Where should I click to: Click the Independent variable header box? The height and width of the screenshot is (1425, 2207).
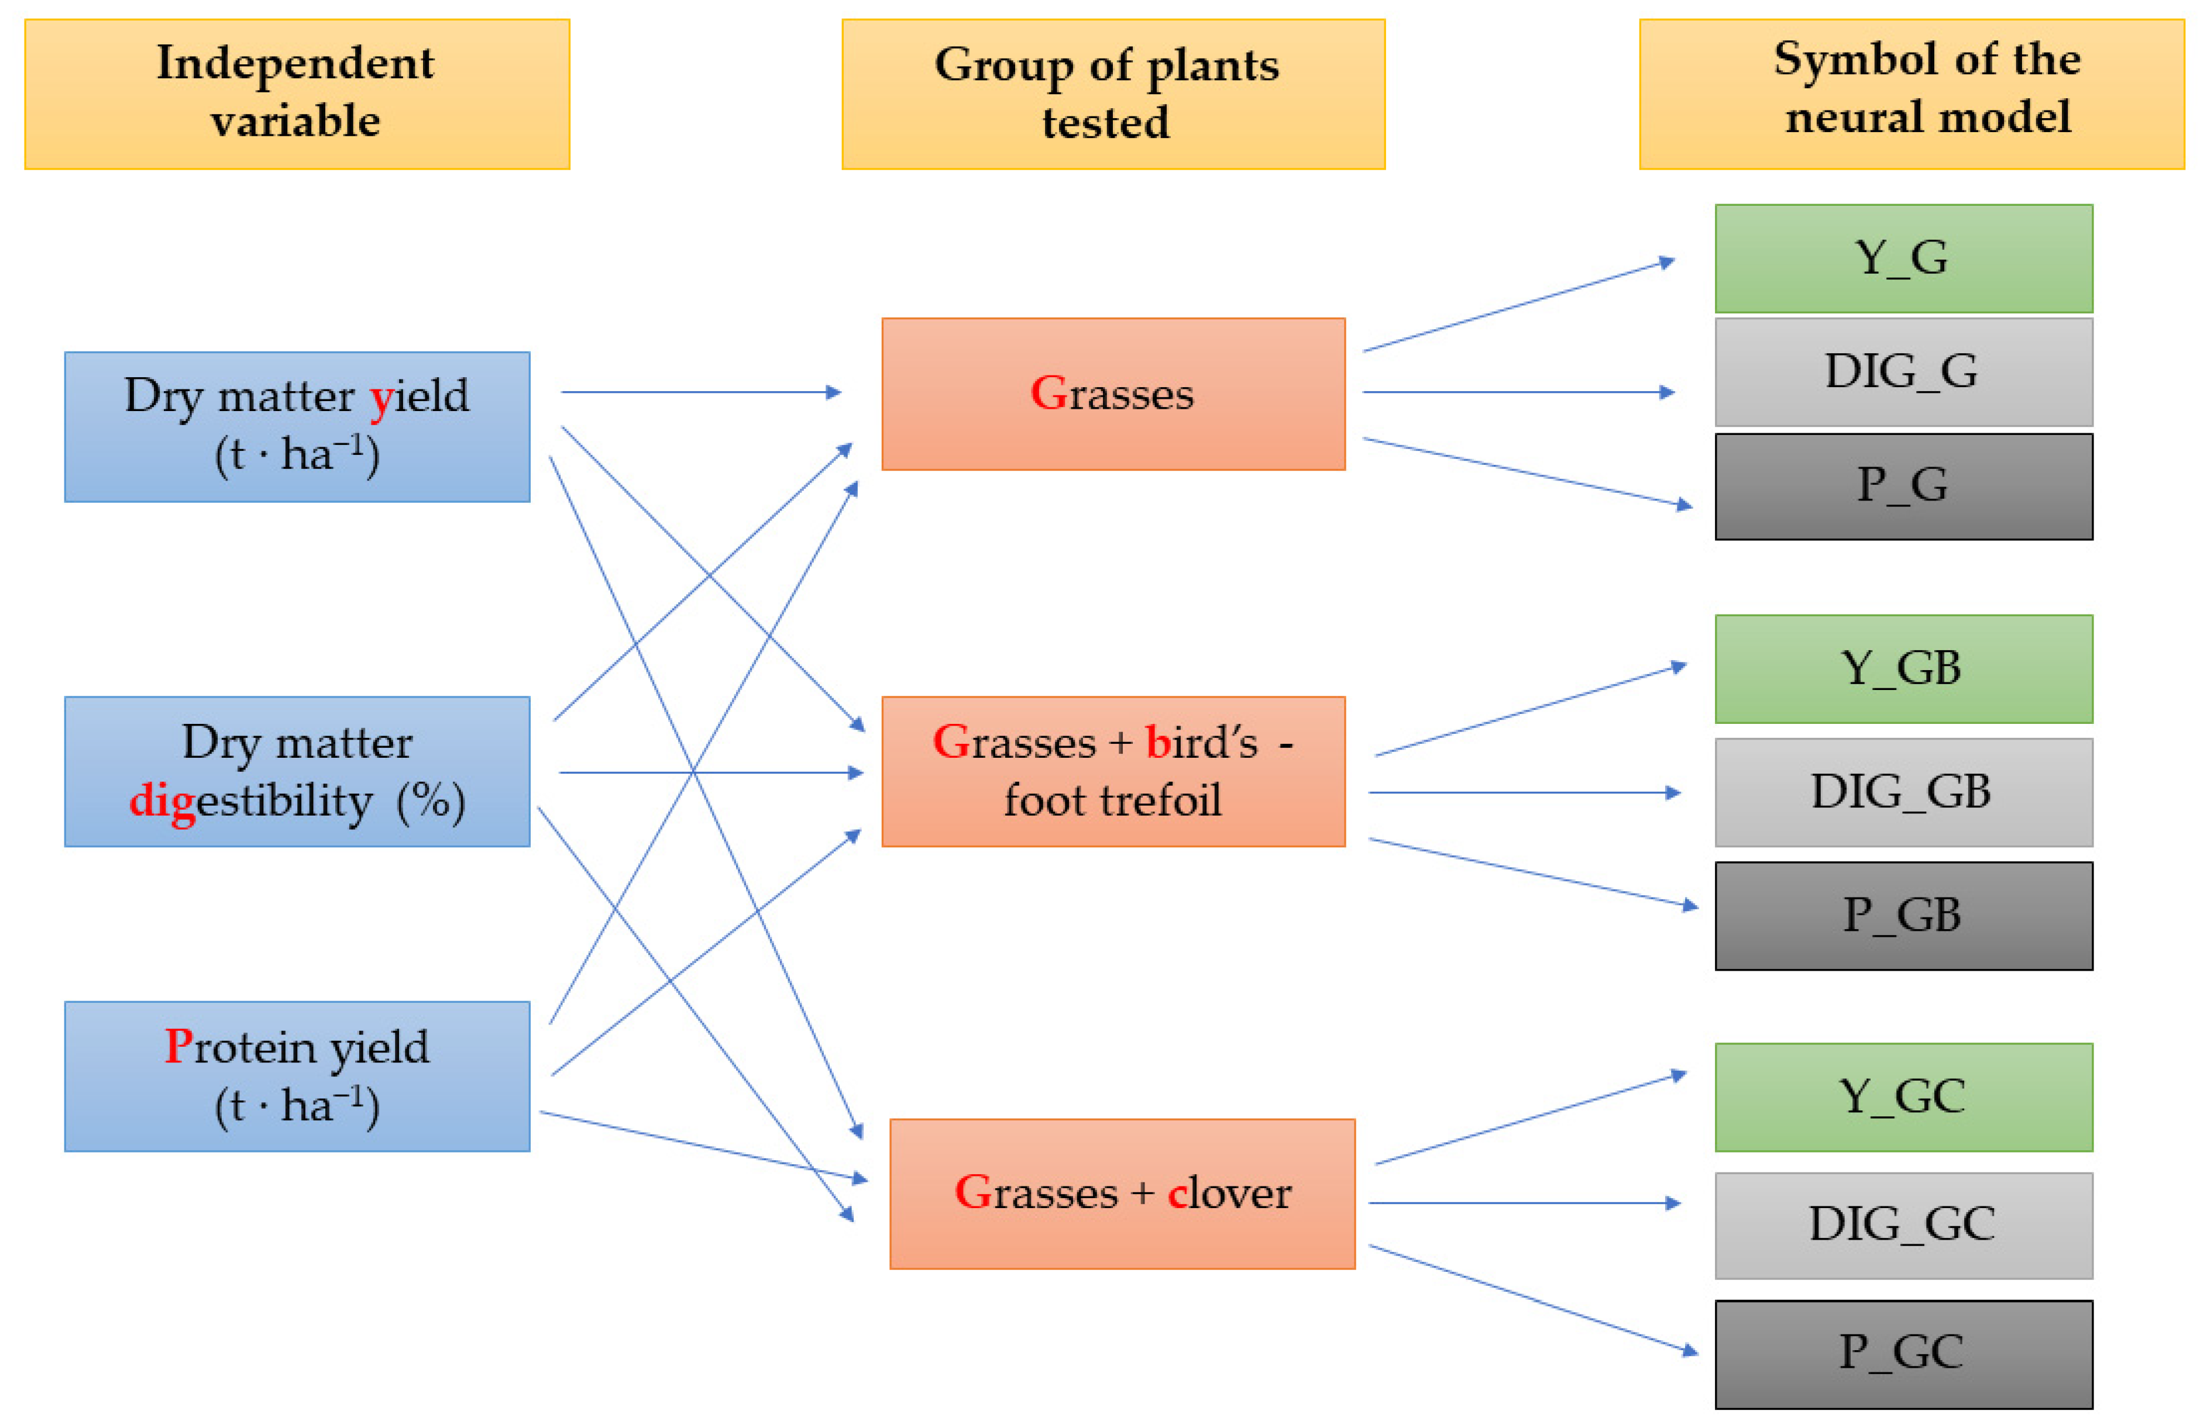pyautogui.click(x=296, y=94)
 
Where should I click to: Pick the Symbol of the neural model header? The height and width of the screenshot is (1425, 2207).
pyautogui.click(x=1911, y=94)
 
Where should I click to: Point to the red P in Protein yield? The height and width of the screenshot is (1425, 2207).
pyautogui.click(x=178, y=1047)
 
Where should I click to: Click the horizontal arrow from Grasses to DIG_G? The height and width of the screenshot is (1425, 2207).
pyautogui.click(x=1518, y=392)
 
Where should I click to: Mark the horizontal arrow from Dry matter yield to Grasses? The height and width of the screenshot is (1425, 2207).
pyautogui.click(x=700, y=392)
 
